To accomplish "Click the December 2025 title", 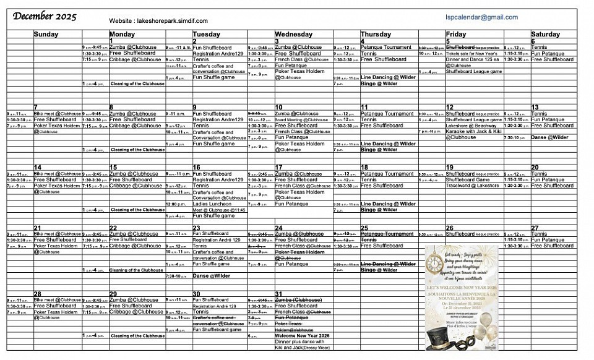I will tap(45, 17).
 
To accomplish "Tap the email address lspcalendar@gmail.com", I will tap(481, 17).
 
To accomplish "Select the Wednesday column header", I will tap(294, 35).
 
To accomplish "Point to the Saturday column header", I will tap(545, 35).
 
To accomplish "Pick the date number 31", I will tap(279, 294).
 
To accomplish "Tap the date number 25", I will tap(364, 228).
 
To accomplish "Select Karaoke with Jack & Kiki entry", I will tap(473, 131).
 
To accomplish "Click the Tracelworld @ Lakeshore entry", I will tap(473, 186).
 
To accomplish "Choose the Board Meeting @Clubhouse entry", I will tap(301, 120).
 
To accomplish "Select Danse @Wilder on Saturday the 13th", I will tap(549, 137).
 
